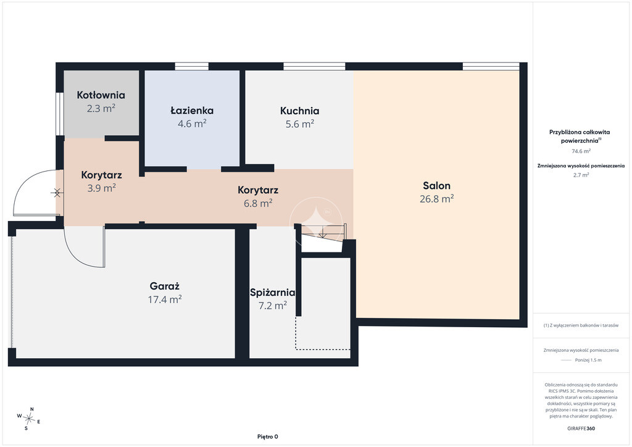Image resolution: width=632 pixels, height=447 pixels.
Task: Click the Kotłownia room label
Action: [x=101, y=95]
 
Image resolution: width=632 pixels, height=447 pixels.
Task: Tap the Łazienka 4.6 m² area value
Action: [x=193, y=123]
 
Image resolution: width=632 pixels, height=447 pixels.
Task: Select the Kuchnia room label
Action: [x=299, y=111]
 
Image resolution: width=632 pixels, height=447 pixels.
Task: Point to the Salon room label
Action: [x=436, y=186]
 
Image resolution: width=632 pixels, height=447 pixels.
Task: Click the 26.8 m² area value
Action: [x=436, y=199]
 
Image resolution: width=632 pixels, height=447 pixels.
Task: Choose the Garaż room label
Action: [x=164, y=286]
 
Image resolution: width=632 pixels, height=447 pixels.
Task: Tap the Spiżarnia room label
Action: [x=272, y=293]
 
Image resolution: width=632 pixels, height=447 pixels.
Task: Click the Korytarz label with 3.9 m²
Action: [x=102, y=175]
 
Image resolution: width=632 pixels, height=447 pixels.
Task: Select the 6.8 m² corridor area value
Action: [x=258, y=203]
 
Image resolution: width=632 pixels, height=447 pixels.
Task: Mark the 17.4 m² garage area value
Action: [x=164, y=299]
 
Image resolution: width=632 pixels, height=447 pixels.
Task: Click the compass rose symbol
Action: [x=28, y=419]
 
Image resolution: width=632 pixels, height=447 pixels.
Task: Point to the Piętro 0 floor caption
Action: [x=268, y=437]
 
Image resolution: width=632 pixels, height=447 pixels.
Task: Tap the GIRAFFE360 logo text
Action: [x=581, y=428]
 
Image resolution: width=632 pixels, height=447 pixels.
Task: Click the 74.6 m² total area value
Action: [x=581, y=151]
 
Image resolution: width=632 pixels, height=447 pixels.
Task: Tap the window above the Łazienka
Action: [x=192, y=66]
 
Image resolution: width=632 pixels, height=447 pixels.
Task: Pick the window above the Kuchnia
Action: [x=314, y=66]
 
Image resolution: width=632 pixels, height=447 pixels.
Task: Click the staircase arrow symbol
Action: [x=322, y=232]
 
